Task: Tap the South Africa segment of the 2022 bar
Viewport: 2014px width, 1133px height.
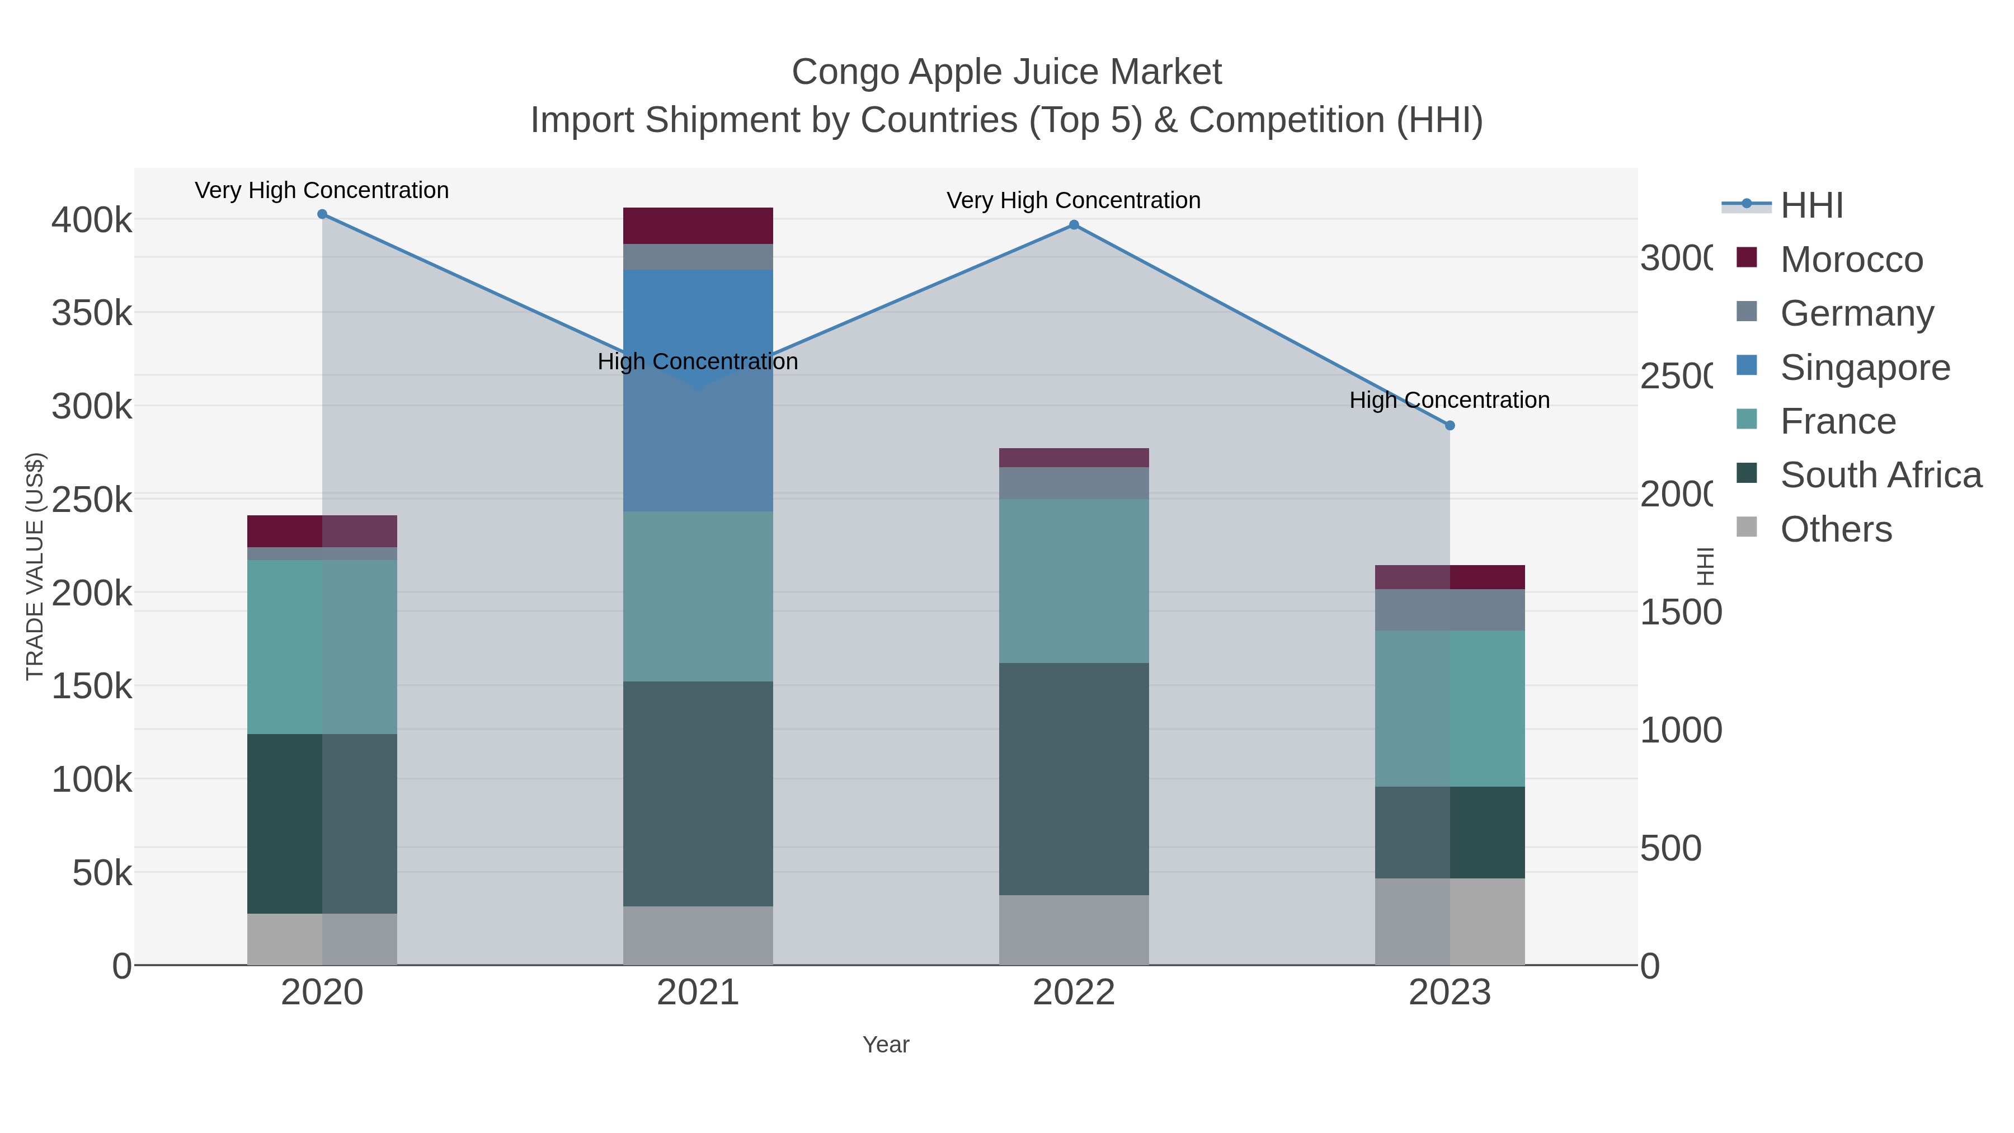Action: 1074,779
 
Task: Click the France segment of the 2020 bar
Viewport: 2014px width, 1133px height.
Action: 321,647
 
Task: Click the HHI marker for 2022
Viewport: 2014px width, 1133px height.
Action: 1074,225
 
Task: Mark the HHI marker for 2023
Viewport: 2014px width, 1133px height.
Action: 1450,425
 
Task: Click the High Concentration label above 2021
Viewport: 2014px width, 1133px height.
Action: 698,361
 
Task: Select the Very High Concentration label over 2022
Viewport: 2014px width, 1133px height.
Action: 1074,200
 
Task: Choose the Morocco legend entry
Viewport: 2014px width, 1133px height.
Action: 1851,260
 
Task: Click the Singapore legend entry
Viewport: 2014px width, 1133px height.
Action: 1865,368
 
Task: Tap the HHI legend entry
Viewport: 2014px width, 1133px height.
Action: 1811,206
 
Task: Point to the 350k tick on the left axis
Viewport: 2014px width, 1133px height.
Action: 92,313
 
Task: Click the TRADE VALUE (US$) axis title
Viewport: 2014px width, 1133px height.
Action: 35,566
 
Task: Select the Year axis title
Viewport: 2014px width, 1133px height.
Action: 886,1045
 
